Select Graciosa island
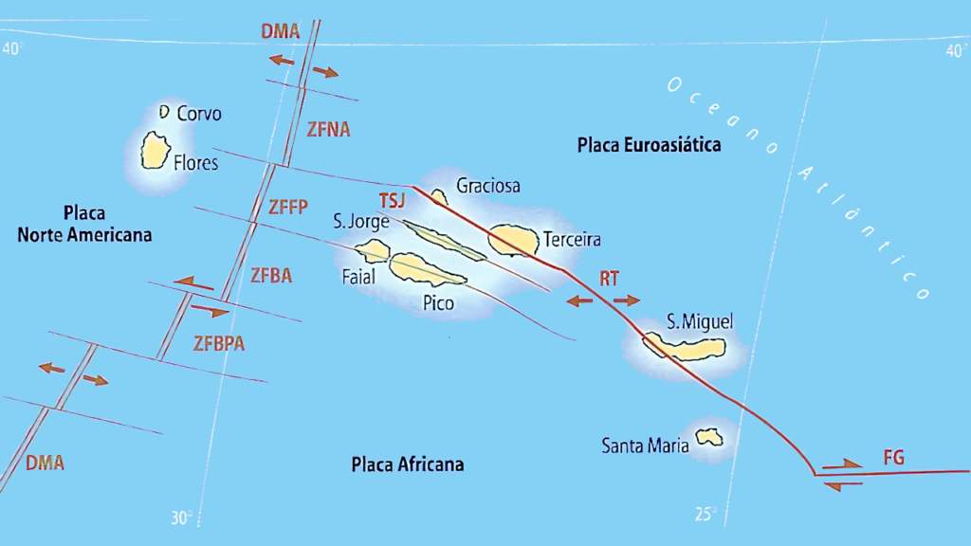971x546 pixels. pyautogui.click(x=439, y=196)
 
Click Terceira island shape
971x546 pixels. pyautogui.click(x=513, y=240)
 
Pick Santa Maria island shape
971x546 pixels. pyautogui.click(x=707, y=437)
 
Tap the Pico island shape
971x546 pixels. pyautogui.click(x=425, y=270)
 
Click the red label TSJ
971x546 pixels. pyautogui.click(x=392, y=201)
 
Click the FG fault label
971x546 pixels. pyautogui.click(x=893, y=459)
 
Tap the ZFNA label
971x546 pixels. pyautogui.click(x=328, y=130)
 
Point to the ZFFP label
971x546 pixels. pyautogui.click(x=288, y=207)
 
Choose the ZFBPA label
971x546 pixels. pyautogui.click(x=218, y=343)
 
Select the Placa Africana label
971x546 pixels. pyautogui.click(x=408, y=464)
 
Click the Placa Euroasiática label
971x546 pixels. pyautogui.click(x=649, y=145)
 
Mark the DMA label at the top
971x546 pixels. pyautogui.click(x=281, y=31)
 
